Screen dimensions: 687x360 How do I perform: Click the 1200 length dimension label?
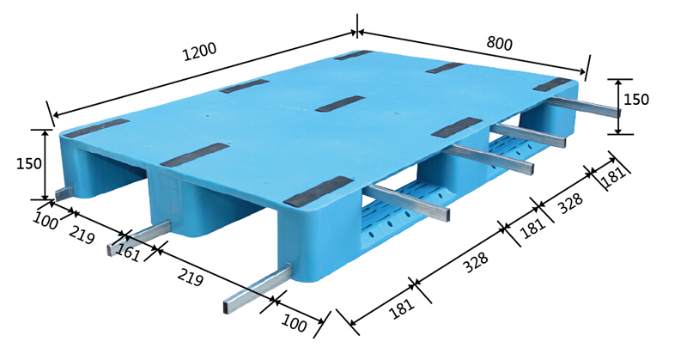point(200,52)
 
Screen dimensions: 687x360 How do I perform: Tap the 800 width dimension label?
point(499,43)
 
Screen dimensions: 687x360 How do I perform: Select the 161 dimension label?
point(128,253)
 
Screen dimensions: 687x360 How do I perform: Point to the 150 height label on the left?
point(29,163)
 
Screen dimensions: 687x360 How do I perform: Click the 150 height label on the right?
point(635,100)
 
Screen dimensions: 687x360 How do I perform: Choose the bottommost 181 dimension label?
point(401,308)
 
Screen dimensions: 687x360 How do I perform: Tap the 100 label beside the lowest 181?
point(294,323)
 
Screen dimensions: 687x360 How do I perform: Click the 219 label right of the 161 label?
point(190,278)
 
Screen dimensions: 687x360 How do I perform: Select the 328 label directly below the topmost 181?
point(571,203)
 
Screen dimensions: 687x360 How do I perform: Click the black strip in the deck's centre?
point(340,103)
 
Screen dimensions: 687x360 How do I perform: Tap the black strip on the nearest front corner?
point(319,192)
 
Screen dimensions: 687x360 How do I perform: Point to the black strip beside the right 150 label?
point(552,84)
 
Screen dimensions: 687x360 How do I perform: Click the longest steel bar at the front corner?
point(257,289)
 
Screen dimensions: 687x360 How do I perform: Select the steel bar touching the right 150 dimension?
point(582,107)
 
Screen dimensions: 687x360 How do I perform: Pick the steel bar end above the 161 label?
point(139,237)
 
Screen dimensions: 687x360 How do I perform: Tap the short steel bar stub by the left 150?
point(65,193)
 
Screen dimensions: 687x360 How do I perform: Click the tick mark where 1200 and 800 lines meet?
point(357,31)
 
